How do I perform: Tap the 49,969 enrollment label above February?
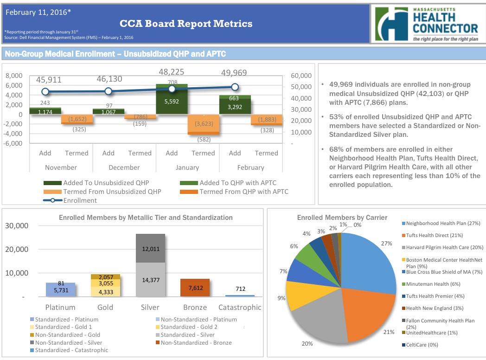pos(234,73)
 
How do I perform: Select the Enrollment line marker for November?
pos(45,92)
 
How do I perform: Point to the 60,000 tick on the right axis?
pos(301,76)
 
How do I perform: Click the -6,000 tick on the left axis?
pos(13,143)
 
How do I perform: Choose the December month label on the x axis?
pos(124,167)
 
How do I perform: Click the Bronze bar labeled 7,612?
pos(195,288)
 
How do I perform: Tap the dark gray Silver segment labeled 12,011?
pos(150,248)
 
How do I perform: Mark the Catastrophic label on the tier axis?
pos(239,307)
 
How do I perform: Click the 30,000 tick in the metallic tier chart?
pos(17,226)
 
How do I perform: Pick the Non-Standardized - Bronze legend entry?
pos(196,343)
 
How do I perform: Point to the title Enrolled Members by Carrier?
pos(342,217)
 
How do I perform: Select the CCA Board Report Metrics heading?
pos(186,24)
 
